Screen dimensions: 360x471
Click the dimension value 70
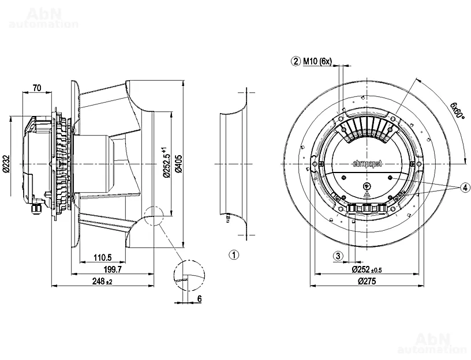click(36, 88)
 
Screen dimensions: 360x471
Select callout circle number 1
click(234, 254)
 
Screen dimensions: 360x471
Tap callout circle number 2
click(296, 61)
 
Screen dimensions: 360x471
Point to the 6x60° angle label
click(457, 109)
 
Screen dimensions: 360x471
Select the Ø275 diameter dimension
click(368, 281)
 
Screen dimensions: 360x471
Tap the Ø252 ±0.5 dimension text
click(367, 269)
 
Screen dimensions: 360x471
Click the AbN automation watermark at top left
click(44, 18)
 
